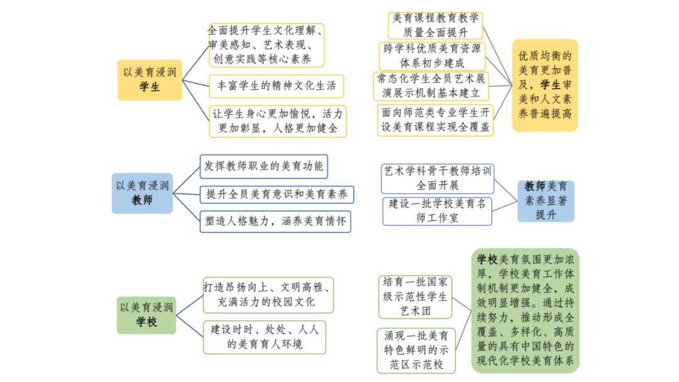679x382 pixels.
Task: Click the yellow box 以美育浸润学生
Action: tap(150, 80)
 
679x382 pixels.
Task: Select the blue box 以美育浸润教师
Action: tap(142, 193)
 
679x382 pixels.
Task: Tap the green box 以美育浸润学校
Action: tap(146, 315)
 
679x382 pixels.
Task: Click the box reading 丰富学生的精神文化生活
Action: tap(277, 85)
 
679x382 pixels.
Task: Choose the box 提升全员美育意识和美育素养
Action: tap(277, 194)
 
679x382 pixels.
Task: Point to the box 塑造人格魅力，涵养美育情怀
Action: tap(275, 222)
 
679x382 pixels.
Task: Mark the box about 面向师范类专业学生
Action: tap(435, 119)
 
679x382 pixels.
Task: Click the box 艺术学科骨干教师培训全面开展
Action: tap(437, 178)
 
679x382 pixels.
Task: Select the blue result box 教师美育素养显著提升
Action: tap(545, 200)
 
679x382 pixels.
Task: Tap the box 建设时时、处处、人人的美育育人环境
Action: tap(264, 337)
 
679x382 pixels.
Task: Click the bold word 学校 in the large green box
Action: tap(487, 259)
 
